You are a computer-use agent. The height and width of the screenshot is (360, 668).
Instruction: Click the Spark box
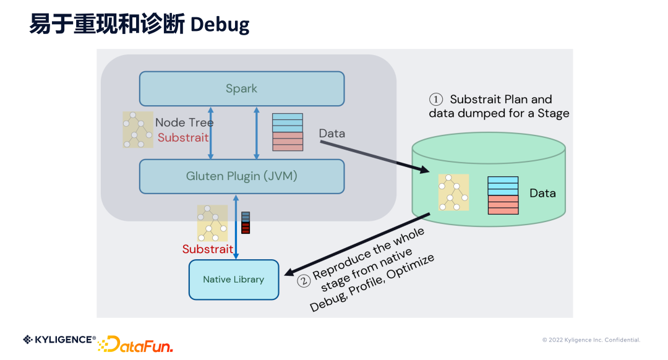pos(241,88)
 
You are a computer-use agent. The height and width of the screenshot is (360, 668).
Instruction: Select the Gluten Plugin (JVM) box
pos(241,176)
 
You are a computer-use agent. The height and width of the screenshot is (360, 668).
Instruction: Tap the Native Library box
pos(233,280)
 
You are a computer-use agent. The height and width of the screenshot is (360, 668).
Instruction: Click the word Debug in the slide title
pos(220,25)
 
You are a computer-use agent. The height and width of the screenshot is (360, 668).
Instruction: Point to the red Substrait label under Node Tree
pos(183,137)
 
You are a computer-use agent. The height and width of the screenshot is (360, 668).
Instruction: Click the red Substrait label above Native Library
pos(207,249)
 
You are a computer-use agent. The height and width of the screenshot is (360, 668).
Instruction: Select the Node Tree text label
pos(184,122)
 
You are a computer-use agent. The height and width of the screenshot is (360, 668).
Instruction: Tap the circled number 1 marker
pos(437,100)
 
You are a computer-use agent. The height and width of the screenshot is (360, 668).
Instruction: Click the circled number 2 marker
pos(303,281)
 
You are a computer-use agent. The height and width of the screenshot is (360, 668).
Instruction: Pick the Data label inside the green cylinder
pos(542,193)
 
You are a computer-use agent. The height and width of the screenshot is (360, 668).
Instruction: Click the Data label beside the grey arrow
pos(332,134)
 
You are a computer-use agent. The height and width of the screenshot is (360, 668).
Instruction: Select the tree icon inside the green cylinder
pos(453,192)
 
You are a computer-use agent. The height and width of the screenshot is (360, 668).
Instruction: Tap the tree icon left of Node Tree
pos(137,129)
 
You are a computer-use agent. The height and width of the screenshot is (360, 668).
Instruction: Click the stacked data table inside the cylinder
pos(503,195)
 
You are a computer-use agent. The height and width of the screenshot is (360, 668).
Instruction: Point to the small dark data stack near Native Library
pos(246,223)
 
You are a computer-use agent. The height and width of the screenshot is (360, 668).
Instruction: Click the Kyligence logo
pos(59,339)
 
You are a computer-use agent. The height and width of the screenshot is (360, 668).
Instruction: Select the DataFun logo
pos(135,344)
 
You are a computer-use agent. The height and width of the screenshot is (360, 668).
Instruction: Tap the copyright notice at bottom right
pos(591,340)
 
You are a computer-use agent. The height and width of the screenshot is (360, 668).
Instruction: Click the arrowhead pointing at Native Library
pos(288,272)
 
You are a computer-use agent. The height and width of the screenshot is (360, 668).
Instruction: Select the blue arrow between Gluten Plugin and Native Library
pos(235,226)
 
